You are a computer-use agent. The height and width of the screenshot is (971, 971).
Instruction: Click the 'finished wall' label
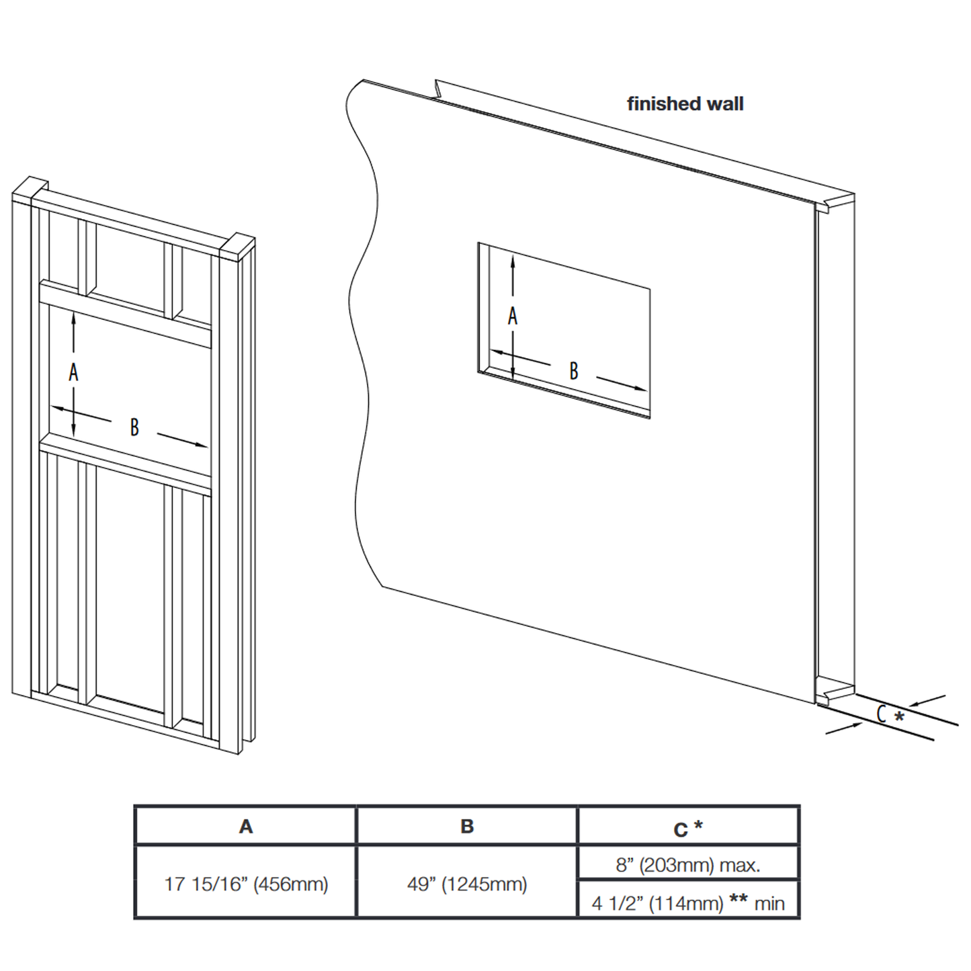[685, 104]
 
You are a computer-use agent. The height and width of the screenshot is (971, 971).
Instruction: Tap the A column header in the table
[246, 827]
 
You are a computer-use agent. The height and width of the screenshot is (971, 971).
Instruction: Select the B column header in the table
[467, 827]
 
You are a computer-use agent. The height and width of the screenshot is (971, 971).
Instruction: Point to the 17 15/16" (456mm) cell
[246, 884]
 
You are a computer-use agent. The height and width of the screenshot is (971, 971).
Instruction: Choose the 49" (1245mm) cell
[467, 884]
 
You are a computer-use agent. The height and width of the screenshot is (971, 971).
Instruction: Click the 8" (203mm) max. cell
[688, 865]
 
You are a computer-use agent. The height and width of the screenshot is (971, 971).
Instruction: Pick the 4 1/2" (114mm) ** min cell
[688, 902]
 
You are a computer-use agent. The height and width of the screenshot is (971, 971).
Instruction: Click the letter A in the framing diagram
[74, 372]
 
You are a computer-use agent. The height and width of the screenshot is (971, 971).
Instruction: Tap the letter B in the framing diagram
[134, 427]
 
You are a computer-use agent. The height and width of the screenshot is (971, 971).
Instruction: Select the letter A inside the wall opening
[513, 316]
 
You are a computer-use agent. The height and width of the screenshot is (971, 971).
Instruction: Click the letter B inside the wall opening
[574, 371]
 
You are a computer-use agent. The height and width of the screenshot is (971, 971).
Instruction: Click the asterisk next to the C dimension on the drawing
[899, 716]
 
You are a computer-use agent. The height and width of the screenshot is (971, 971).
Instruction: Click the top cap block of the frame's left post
[30, 187]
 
